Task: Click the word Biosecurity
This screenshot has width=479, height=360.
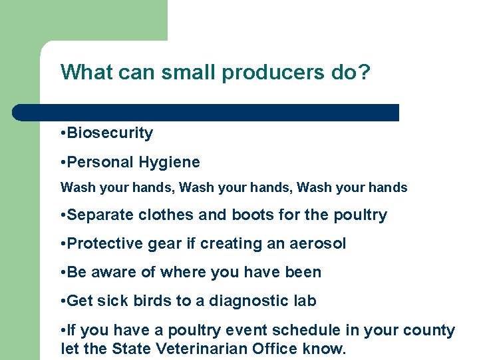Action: pyautogui.click(x=110, y=133)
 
